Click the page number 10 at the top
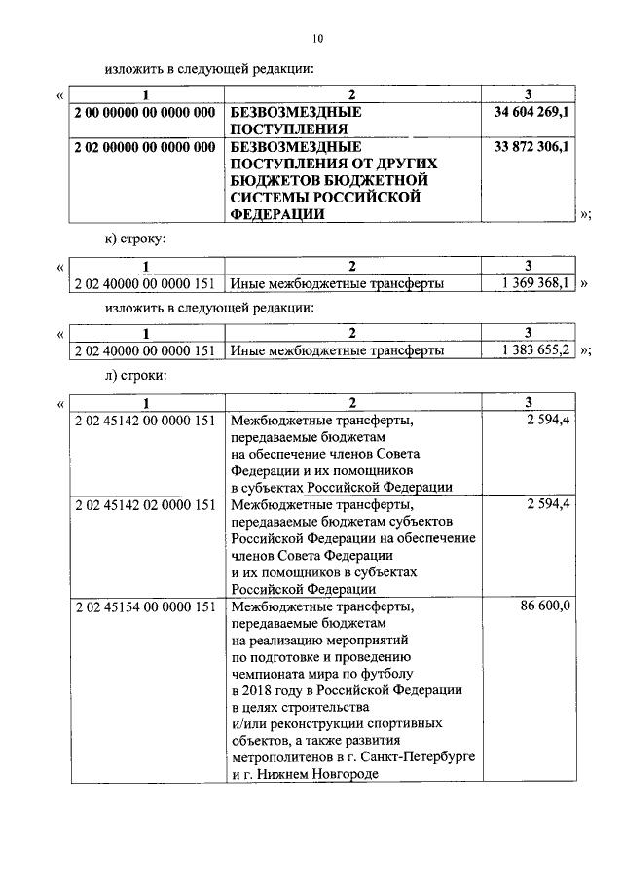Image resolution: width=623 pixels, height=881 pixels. [x=317, y=39]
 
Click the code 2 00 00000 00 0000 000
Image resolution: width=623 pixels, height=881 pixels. [x=144, y=113]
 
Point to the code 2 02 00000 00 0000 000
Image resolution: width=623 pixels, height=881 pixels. [x=144, y=147]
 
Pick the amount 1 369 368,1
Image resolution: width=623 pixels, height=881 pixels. [x=535, y=283]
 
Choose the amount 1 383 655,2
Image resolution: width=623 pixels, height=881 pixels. [x=535, y=349]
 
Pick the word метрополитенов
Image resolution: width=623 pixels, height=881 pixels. [x=277, y=756]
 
